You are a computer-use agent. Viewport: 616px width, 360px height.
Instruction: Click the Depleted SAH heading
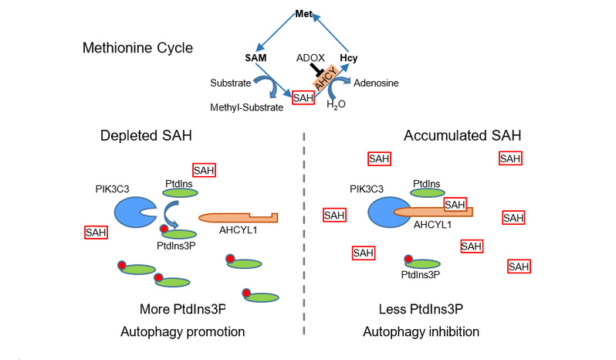pyautogui.click(x=147, y=136)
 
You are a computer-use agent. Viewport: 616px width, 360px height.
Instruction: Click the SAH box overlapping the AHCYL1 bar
pyautogui.click(x=455, y=204)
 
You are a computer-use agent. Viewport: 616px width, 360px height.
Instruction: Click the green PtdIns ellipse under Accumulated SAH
pyautogui.click(x=427, y=192)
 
